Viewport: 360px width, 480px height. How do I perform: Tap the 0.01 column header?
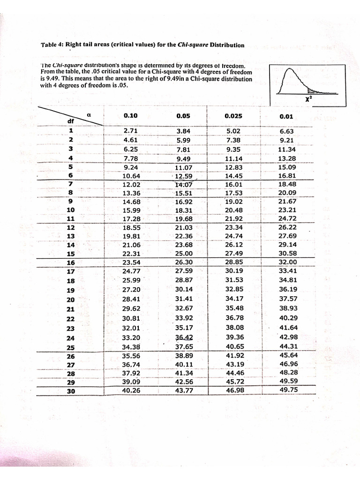tap(285, 116)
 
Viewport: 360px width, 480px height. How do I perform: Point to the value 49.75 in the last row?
tap(288, 389)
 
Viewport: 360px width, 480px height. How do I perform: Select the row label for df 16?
tap(71, 263)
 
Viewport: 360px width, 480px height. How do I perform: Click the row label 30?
tap(71, 391)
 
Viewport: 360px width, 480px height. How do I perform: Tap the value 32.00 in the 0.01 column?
tap(288, 262)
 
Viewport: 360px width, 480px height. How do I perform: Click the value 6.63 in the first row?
tap(286, 132)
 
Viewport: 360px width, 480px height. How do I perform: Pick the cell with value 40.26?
tap(129, 390)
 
